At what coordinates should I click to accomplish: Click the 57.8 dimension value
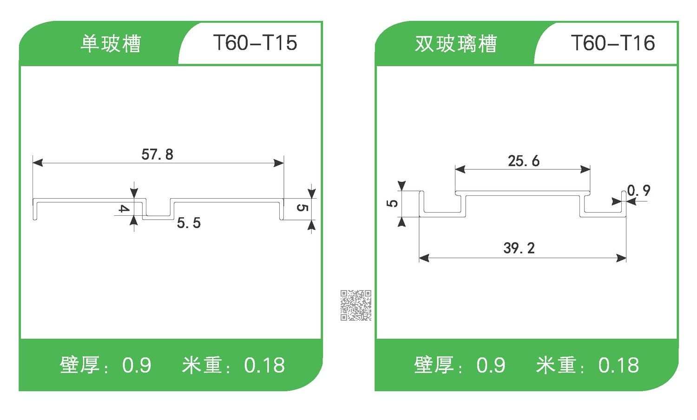click(x=157, y=154)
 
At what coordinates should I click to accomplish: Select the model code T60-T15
click(x=255, y=43)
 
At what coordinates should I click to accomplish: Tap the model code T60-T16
click(x=612, y=43)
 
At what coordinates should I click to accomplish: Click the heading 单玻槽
click(x=111, y=44)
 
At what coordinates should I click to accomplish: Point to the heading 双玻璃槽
click(x=456, y=44)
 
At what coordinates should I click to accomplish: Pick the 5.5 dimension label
click(x=189, y=223)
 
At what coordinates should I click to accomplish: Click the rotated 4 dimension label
click(x=123, y=208)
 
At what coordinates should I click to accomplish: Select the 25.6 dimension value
click(x=523, y=161)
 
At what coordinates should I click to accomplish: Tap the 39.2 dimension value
click(x=519, y=248)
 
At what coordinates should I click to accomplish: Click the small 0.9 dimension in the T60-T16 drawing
click(x=639, y=190)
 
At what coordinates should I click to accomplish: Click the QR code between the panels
click(x=355, y=305)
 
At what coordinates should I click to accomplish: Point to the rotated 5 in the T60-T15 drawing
click(x=302, y=207)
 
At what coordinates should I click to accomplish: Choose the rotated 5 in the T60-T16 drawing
click(x=392, y=203)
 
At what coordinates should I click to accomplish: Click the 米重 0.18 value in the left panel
click(x=264, y=366)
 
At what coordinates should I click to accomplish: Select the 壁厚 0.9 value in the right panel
click(x=491, y=366)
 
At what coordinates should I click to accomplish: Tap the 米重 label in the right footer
click(x=556, y=365)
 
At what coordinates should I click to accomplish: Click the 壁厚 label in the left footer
click(x=79, y=365)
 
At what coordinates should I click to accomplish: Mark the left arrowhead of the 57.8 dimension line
click(x=37, y=162)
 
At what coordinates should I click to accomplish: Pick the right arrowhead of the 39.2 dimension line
click(x=621, y=258)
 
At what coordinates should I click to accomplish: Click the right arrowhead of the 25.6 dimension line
click(x=585, y=169)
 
